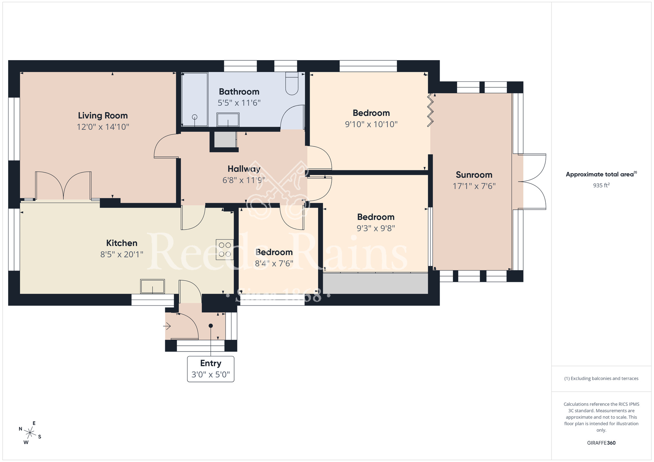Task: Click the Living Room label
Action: coord(103,116)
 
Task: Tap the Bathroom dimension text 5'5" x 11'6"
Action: coord(239,103)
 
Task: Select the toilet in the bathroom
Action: coord(292,84)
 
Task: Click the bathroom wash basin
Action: coord(228,120)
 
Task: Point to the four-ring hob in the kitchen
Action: coord(225,250)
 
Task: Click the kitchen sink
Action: coord(152,287)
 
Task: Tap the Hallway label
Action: coord(244,169)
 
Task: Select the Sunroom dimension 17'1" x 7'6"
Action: coord(474,186)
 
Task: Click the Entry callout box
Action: coord(211,369)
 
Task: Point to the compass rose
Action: coord(30,433)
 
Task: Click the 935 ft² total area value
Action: coord(601,185)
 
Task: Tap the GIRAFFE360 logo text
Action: coord(601,443)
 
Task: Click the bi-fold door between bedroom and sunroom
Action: coord(430,110)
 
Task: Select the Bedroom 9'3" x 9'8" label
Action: coord(376,217)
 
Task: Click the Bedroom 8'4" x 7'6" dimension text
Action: coord(274,263)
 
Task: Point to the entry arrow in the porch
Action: coord(167,326)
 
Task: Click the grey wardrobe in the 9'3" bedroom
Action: coord(375,283)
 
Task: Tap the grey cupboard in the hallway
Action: coord(225,140)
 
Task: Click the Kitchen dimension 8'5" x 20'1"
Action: coord(122,254)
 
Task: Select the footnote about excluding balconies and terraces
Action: coord(601,379)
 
